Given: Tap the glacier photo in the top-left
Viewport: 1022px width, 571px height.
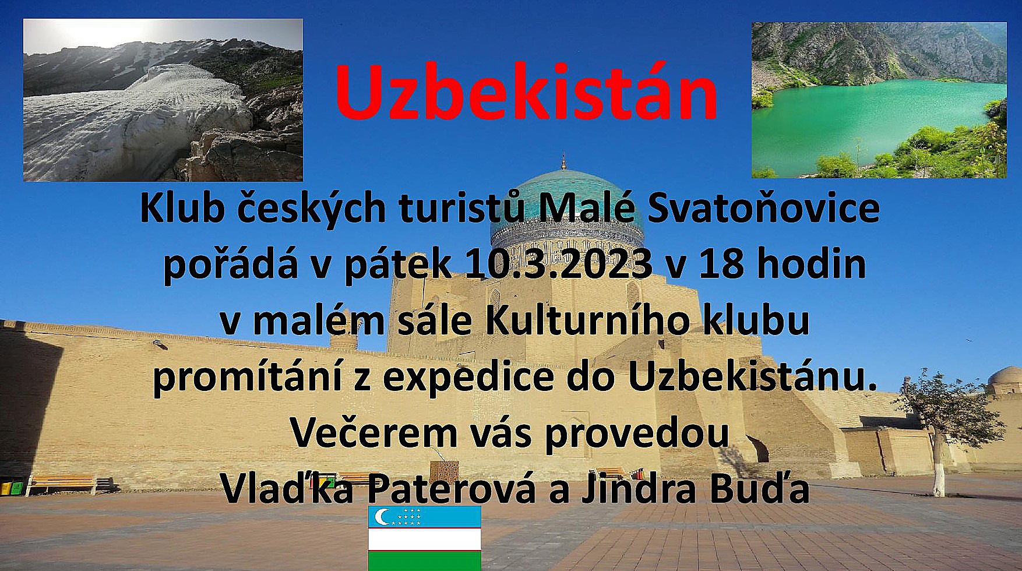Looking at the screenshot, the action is coord(163,100).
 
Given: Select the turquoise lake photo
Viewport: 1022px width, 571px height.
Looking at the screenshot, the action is coord(879,100).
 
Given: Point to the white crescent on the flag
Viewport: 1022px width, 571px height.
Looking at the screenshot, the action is coord(382,516).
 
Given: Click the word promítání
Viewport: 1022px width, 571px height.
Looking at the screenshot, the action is coord(247,377).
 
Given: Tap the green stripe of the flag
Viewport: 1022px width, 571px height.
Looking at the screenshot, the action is coord(424,561).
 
